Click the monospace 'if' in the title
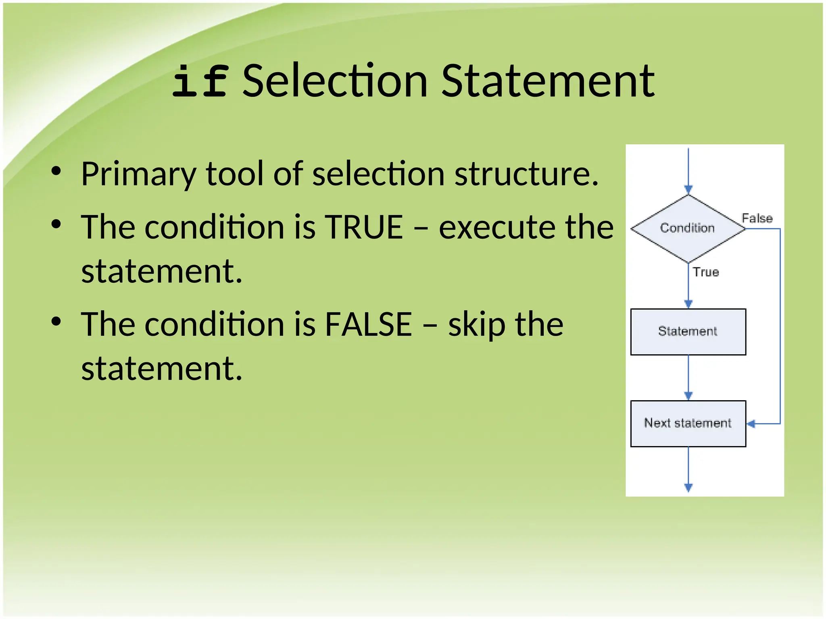[200, 81]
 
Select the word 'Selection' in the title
[335, 81]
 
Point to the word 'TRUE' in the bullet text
[364, 227]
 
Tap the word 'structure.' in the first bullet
[526, 174]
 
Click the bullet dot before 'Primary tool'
[56, 171]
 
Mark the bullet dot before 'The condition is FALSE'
[56, 321]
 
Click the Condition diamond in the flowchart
[688, 228]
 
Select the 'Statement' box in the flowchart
[688, 332]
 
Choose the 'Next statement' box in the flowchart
[688, 424]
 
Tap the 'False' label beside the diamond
[757, 218]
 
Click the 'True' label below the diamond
[706, 272]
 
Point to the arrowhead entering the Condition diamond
[688, 190]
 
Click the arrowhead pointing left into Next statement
[751, 424]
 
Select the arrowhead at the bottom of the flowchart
[688, 488]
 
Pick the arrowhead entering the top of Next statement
[688, 396]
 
